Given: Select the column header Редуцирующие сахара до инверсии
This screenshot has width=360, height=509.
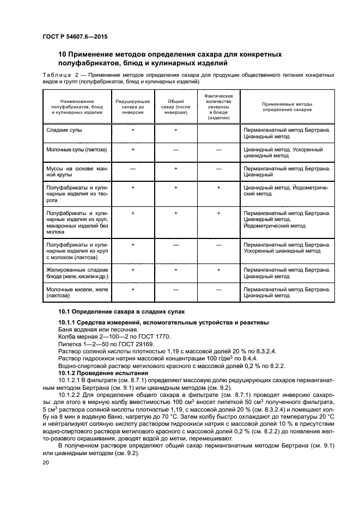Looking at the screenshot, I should click(133, 105).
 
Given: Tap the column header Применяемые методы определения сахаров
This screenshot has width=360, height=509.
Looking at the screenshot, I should click(287, 105).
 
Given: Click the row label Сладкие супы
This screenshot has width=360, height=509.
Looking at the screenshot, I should click(64, 131).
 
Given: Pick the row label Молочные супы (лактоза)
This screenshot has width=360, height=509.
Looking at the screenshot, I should click(77, 149).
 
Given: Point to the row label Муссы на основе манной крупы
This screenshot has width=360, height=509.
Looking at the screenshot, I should click(77, 173).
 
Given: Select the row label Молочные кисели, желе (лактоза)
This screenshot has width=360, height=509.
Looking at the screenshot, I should click(77, 292).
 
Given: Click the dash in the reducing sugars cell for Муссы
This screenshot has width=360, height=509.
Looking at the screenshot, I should click(133, 169).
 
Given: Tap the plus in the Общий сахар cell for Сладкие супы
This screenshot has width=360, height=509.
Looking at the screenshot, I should click(176, 131).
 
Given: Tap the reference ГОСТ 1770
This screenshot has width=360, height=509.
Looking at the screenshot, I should click(152, 337).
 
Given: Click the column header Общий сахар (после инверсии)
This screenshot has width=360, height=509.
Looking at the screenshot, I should click(176, 105).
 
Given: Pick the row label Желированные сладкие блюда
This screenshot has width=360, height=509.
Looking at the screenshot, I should click(77, 272).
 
